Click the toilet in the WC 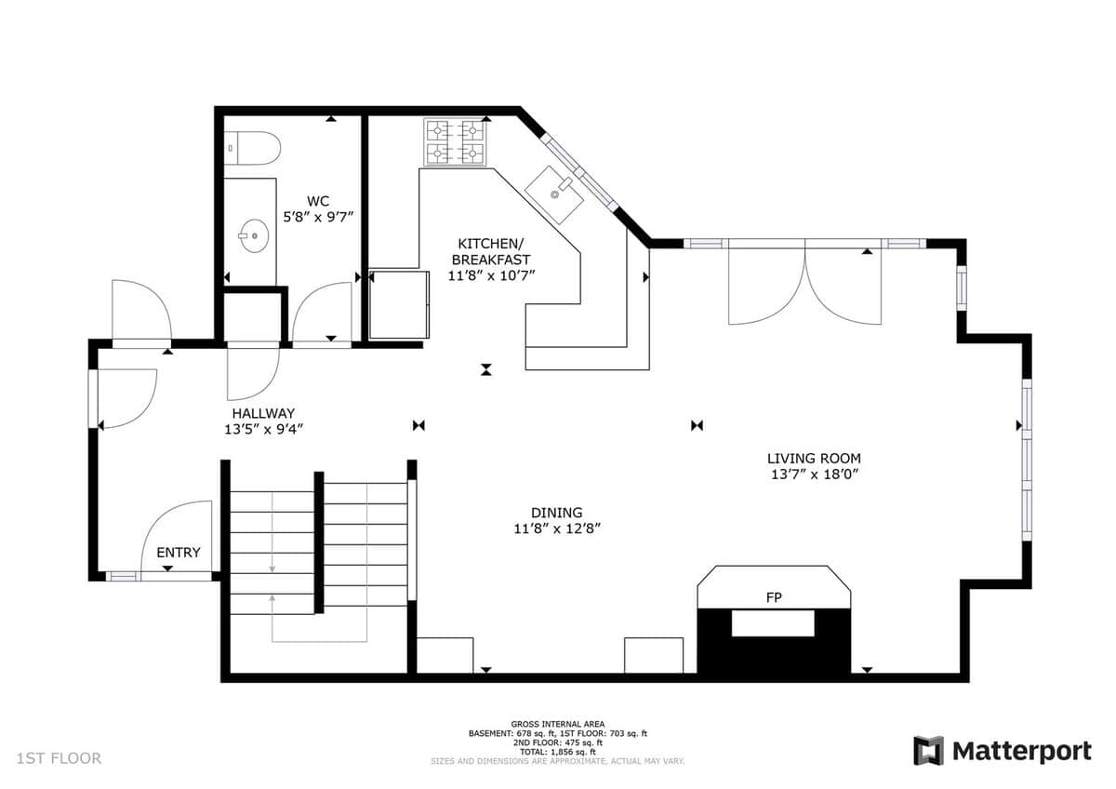(x=252, y=148)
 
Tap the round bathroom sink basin (x=254, y=235)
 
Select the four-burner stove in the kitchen (x=455, y=141)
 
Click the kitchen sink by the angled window (x=554, y=194)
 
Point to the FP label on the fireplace (x=774, y=597)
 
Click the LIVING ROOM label (x=814, y=459)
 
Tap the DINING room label (x=556, y=513)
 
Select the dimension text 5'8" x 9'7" (x=318, y=217)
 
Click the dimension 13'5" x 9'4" (x=263, y=429)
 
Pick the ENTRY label (x=179, y=553)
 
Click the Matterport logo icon (x=929, y=750)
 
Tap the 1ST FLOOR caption (x=59, y=758)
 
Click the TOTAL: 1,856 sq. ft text (x=557, y=752)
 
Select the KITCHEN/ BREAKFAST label (x=491, y=251)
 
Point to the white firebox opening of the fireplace (x=773, y=623)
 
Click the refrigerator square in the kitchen (x=399, y=304)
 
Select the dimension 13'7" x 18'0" (x=814, y=474)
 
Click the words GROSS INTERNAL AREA (x=557, y=724)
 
